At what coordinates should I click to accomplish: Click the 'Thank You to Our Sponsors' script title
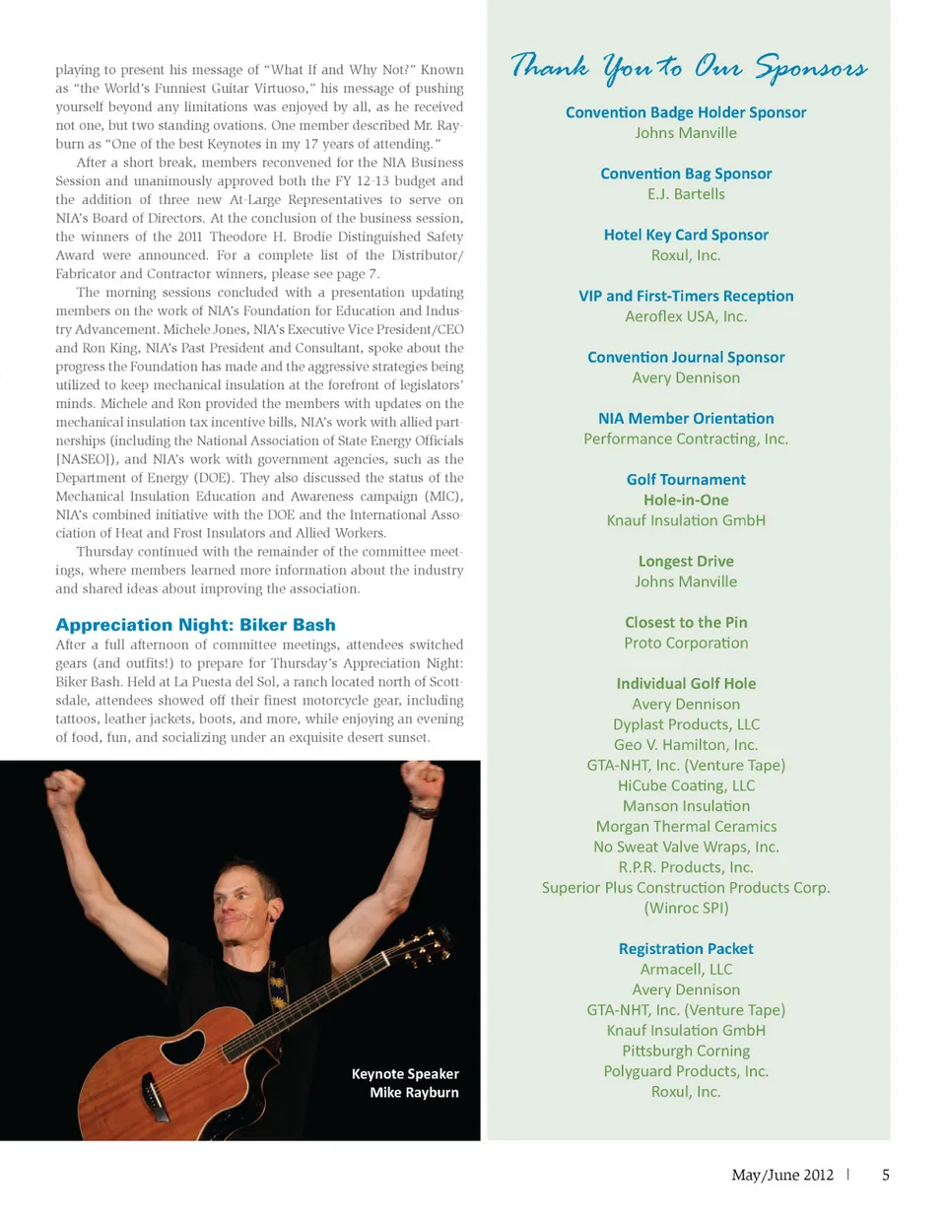(688, 67)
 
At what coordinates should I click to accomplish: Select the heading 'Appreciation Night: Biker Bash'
(195, 625)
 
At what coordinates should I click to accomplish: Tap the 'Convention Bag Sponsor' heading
(686, 173)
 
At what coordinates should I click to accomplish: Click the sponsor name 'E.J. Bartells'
(686, 194)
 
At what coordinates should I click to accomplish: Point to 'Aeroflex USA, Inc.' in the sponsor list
(686, 316)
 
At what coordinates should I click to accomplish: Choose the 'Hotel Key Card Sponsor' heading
(686, 235)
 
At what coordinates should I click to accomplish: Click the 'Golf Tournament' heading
(686, 480)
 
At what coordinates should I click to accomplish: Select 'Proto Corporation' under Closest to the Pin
(686, 643)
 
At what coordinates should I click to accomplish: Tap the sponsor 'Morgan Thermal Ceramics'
(686, 827)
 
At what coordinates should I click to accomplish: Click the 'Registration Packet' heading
(686, 949)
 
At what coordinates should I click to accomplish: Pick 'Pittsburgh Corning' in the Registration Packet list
(686, 1051)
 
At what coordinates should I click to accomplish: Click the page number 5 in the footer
(886, 1175)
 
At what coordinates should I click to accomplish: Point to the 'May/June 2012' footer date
(782, 1175)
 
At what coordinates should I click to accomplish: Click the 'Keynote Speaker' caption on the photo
(405, 1074)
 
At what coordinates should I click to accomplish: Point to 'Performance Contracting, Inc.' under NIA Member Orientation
(686, 439)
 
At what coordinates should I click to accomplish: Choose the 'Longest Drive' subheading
(686, 562)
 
